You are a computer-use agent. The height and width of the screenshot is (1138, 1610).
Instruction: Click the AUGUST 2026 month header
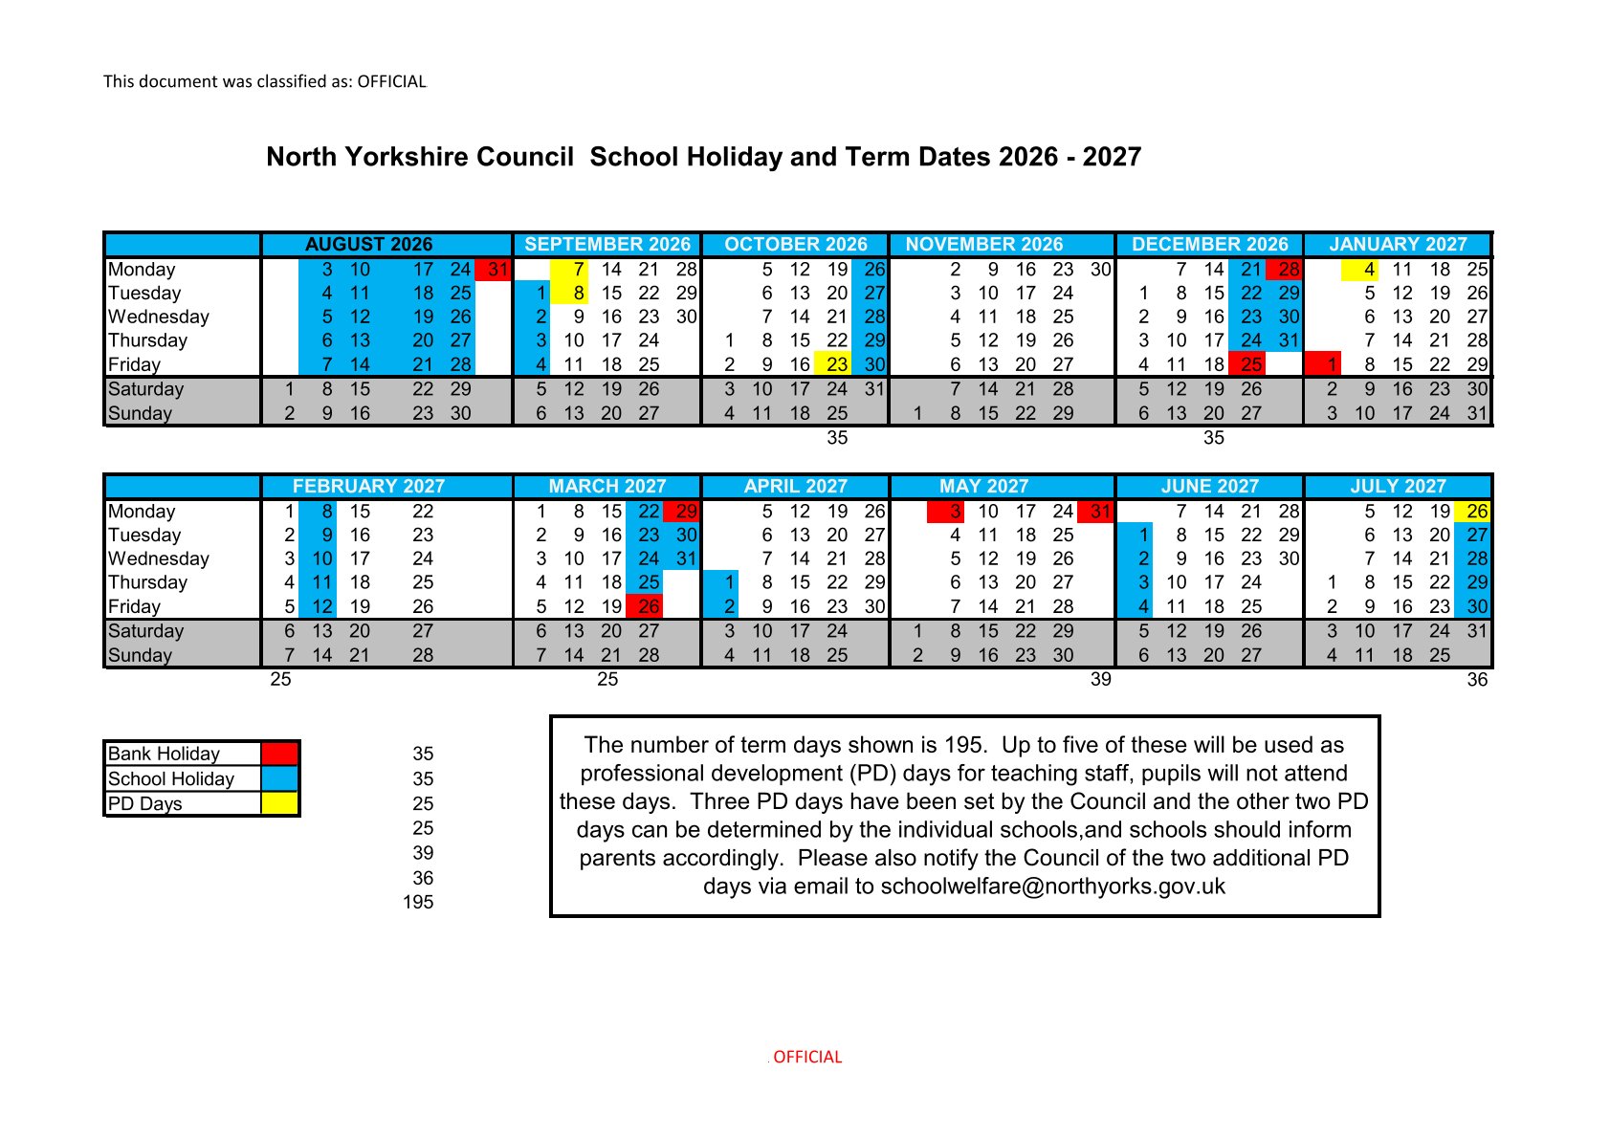368,245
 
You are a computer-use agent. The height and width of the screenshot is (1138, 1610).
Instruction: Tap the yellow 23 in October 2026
836,364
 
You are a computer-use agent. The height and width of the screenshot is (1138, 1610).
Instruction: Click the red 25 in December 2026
1250,364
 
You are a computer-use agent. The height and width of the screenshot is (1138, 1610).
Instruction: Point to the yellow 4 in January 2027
1368,270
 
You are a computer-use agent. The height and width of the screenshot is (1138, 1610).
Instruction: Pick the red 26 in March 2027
648,606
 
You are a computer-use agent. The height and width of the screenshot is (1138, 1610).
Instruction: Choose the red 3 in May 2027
954,512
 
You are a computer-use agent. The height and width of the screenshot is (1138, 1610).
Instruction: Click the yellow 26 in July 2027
1476,512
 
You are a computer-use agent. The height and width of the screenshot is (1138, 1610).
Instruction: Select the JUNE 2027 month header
1209,487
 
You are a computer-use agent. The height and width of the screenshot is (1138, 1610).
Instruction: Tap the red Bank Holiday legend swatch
279,754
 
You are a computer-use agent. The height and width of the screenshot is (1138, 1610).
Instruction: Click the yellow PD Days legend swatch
279,803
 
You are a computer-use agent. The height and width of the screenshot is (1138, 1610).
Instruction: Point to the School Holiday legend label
171,779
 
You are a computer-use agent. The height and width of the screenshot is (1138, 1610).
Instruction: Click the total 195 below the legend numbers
418,902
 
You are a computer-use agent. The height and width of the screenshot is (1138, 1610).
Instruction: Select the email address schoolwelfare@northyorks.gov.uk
1052,886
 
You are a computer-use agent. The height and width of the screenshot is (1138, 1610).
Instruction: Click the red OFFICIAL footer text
806,1057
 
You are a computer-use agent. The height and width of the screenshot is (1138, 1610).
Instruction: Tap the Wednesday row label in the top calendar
159,317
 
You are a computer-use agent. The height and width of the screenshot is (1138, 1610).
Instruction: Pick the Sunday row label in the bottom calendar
141,655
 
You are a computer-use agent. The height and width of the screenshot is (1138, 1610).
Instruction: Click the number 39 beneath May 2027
1100,680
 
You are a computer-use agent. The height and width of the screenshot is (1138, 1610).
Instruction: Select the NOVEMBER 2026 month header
983,245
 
